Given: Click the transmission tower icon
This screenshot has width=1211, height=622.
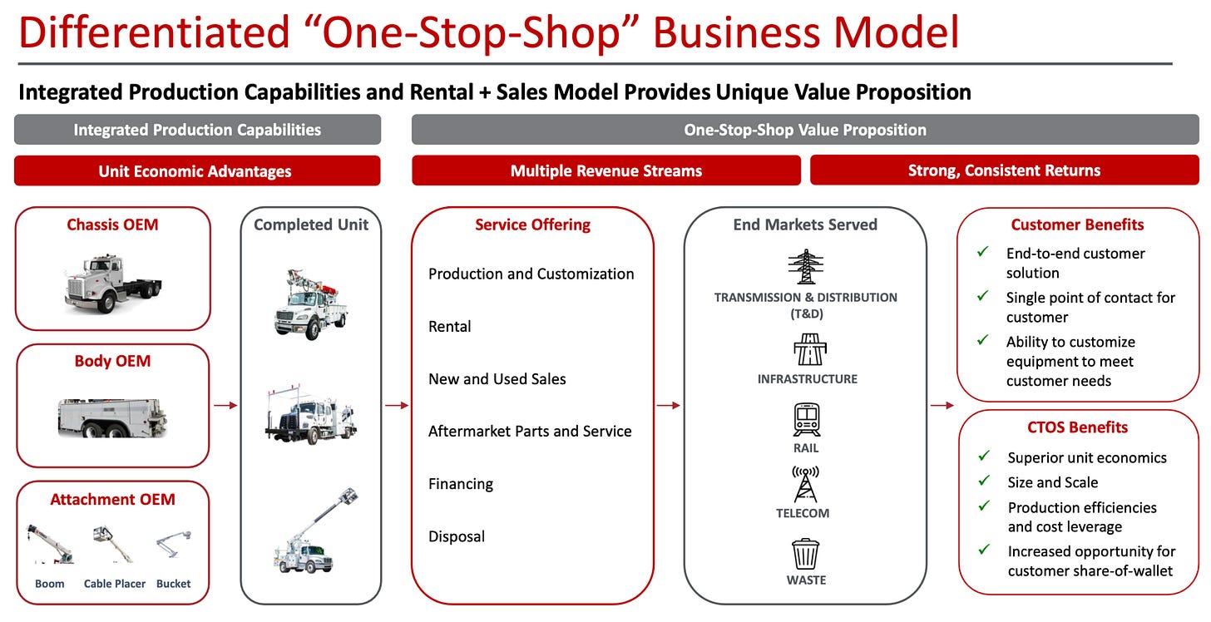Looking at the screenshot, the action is tap(805, 267).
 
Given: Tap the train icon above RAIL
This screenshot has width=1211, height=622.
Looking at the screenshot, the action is tap(806, 420).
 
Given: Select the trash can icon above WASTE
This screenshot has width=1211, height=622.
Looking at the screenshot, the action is tap(805, 554).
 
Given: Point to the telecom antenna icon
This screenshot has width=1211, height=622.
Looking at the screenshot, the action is tap(805, 484).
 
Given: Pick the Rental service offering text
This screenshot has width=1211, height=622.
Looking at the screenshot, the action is tap(450, 327).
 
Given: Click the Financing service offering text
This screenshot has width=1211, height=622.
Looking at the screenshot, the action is tap(461, 484).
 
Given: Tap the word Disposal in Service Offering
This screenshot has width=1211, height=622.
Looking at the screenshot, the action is tap(457, 536).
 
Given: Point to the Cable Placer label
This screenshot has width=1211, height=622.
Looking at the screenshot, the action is tap(115, 584).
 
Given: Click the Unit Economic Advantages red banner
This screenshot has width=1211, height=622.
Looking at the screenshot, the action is tap(196, 171).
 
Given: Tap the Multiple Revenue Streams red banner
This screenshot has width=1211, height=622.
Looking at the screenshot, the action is tap(606, 170).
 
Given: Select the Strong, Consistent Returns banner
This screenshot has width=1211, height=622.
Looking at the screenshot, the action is tap(1004, 170).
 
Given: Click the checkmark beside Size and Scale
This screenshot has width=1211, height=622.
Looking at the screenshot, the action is tap(984, 481).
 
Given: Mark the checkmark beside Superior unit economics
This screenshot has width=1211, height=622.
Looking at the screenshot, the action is tap(984, 457).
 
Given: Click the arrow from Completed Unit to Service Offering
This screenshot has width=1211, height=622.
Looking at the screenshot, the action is tap(397, 406).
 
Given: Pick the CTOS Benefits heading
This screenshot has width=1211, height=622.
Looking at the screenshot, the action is tap(1077, 427).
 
